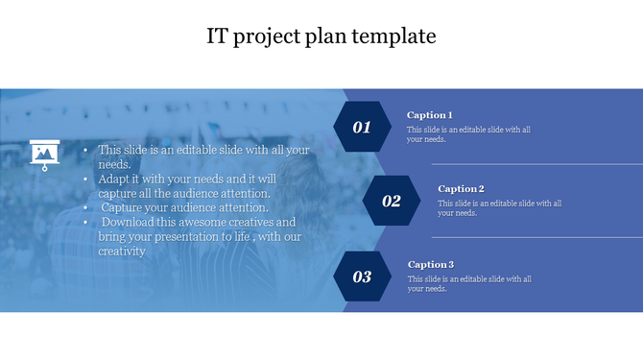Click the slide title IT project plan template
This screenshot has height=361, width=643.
pyautogui.click(x=321, y=36)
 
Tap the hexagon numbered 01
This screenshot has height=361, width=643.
pyautogui.click(x=362, y=127)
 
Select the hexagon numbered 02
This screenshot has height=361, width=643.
pyautogui.click(x=392, y=201)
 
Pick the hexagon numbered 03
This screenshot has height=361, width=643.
pyautogui.click(x=362, y=277)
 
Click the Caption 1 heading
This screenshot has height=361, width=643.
pyautogui.click(x=429, y=115)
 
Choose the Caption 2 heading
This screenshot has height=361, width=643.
pyautogui.click(x=461, y=189)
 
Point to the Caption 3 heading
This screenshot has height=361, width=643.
pyautogui.click(x=430, y=264)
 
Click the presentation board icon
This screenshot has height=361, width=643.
pyautogui.click(x=42, y=154)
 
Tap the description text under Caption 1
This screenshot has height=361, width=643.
pyautogui.click(x=467, y=134)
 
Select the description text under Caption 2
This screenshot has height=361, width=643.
pyautogui.click(x=499, y=208)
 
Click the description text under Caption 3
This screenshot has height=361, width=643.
pyautogui.click(x=468, y=283)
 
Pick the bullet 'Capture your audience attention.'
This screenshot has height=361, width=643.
pyautogui.click(x=184, y=206)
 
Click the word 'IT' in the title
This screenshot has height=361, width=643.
pyautogui.click(x=217, y=36)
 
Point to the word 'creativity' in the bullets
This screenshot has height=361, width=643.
pyautogui.click(x=122, y=252)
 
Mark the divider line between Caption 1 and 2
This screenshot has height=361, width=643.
pyautogui.click(x=537, y=164)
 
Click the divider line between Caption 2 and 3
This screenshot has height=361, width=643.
pyautogui.click(x=537, y=237)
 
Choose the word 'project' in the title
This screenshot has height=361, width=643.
pyautogui.click(x=267, y=37)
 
